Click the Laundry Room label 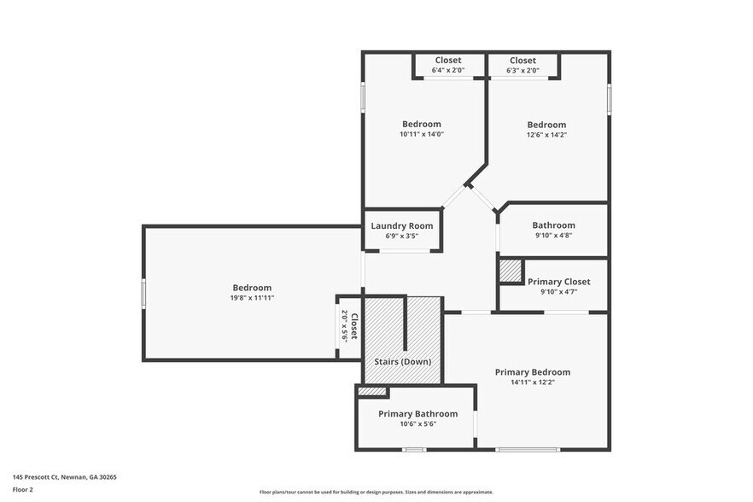click(x=401, y=225)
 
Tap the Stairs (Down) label click(x=402, y=361)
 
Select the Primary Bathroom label click(x=417, y=414)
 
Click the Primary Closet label click(x=558, y=282)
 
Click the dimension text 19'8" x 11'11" click(x=252, y=298)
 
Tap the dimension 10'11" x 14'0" click(x=422, y=134)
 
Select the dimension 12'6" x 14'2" click(x=546, y=135)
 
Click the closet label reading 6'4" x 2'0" click(x=448, y=71)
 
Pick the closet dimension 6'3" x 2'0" click(x=522, y=71)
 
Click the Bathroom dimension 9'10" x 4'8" click(x=553, y=236)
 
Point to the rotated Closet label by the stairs click(x=350, y=325)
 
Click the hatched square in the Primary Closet click(x=511, y=271)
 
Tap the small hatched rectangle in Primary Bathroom click(x=372, y=391)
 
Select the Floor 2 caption click(x=24, y=490)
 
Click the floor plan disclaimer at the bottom click(x=376, y=492)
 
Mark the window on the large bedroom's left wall click(x=143, y=293)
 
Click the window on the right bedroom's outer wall click(x=609, y=99)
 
